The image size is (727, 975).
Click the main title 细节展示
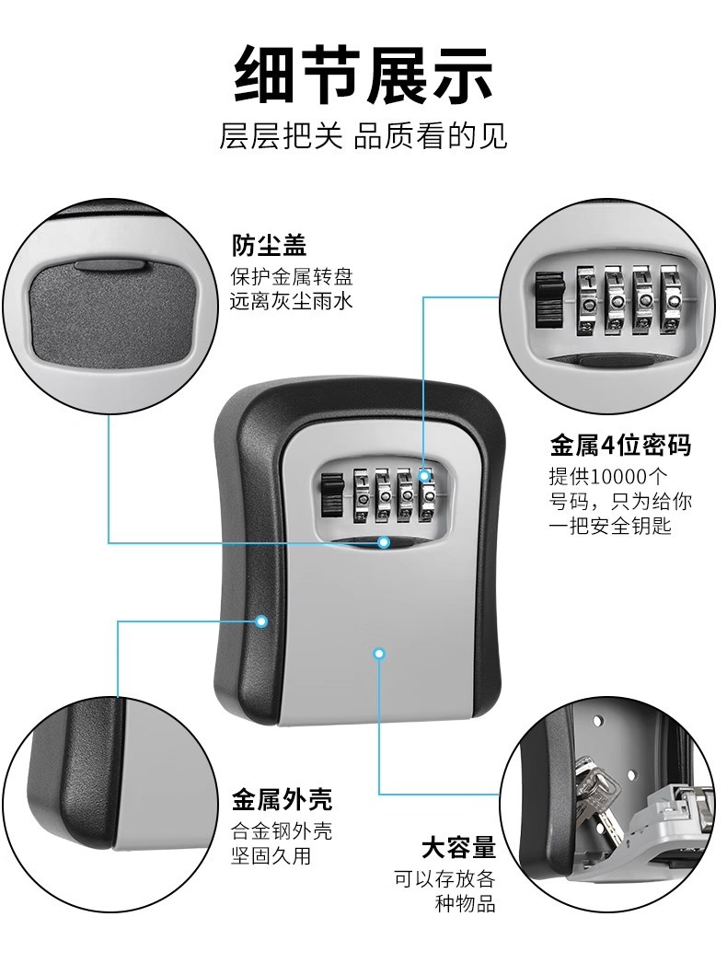[363, 74]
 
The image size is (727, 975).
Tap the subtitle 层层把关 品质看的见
[363, 136]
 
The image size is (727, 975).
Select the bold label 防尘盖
[268, 246]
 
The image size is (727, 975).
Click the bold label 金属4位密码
[619, 447]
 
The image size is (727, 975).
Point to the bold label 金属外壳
[282, 798]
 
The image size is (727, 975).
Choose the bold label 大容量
[458, 847]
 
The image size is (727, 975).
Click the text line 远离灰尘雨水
[291, 300]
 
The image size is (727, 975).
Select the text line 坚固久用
[271, 855]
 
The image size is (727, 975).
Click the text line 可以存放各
[444, 877]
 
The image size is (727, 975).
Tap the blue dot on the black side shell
[261, 621]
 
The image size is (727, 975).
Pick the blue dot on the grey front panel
[379, 654]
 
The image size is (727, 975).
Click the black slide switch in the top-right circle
[547, 298]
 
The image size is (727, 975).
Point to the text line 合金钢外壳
[281, 831]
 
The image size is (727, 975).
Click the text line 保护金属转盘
[291, 276]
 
